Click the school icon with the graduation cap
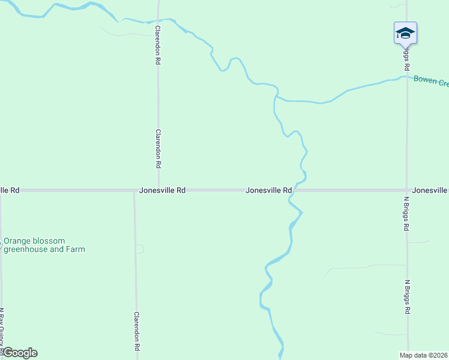[x=405, y=32]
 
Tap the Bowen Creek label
[x=431, y=81]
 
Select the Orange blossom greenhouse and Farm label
[x=44, y=245]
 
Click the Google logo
[x=19, y=353]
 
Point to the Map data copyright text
[x=424, y=355]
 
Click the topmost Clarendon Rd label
[x=158, y=45]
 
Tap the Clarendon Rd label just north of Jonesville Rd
[x=158, y=148]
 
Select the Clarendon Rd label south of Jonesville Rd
[x=137, y=331]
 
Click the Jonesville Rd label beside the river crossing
[x=268, y=190]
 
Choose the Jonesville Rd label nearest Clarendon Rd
[x=162, y=190]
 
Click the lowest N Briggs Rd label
[x=407, y=297]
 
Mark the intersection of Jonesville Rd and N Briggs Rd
[x=407, y=190]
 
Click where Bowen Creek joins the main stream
[x=277, y=95]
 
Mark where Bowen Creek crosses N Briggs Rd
[x=407, y=77]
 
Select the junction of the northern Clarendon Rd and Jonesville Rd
[x=158, y=190]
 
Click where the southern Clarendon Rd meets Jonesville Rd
[x=134, y=190]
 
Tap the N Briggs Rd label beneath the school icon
[x=406, y=58]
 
